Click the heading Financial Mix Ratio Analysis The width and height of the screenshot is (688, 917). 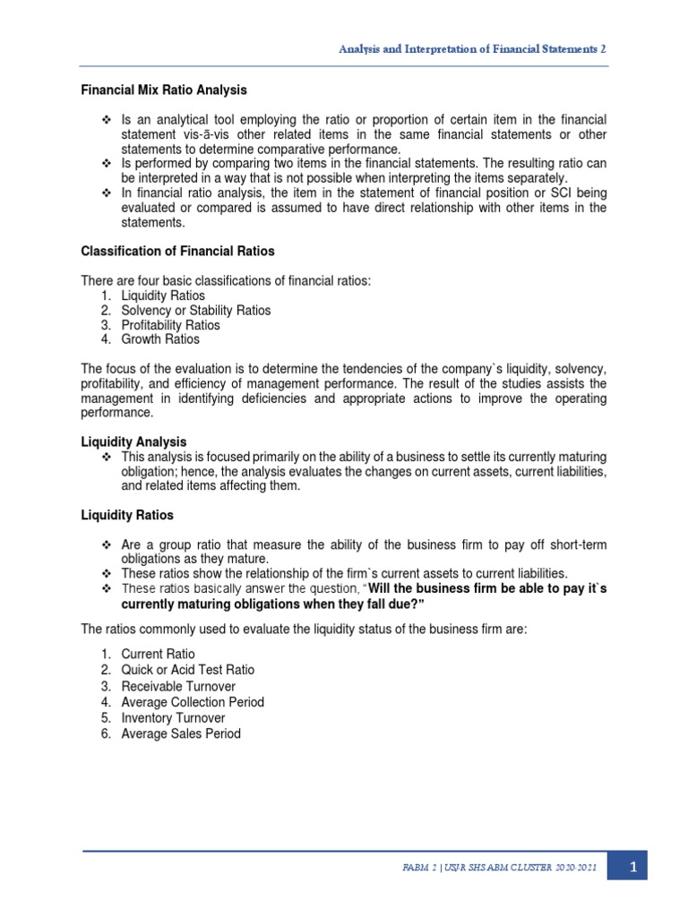pyautogui.click(x=164, y=90)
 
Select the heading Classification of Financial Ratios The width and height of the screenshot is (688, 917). pyautogui.click(x=177, y=251)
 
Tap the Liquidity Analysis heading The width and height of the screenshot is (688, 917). pyautogui.click(x=133, y=441)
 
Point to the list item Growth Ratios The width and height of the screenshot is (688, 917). pyautogui.click(x=160, y=339)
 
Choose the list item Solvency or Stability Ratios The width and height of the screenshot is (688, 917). pyautogui.click(x=195, y=310)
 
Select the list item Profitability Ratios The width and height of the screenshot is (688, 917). pyautogui.click(x=170, y=325)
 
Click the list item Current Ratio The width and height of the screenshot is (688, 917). pyautogui.click(x=158, y=654)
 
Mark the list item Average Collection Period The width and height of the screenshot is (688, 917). pyautogui.click(x=193, y=702)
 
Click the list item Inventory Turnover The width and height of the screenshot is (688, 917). pyautogui.click(x=173, y=718)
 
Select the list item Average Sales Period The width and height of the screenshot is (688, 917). pyautogui.click(x=181, y=734)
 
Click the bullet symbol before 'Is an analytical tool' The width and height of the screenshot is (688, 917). pyautogui.click(x=106, y=120)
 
